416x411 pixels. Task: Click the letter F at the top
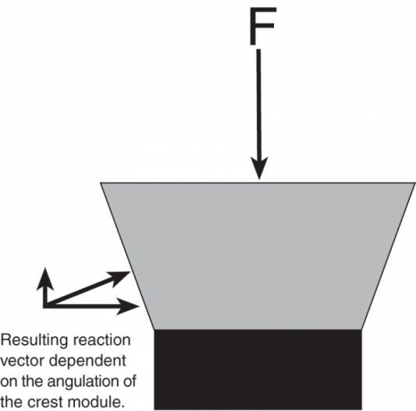[x=263, y=26]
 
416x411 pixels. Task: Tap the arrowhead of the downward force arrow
[x=259, y=168]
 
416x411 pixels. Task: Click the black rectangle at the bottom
[x=258, y=370]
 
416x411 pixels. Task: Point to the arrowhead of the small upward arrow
[x=45, y=279]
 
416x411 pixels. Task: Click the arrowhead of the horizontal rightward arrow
[x=128, y=306]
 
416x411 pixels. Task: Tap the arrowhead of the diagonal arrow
[x=119, y=278]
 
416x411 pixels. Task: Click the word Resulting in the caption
[x=34, y=341]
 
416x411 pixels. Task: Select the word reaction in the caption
[x=102, y=340]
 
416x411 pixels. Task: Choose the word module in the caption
[x=96, y=402]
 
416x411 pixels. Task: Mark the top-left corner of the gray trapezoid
[x=100, y=182]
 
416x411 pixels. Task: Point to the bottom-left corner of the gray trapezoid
[x=155, y=330]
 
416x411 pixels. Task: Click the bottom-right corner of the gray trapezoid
[x=361, y=330]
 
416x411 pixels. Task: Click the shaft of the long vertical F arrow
[x=258, y=105]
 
